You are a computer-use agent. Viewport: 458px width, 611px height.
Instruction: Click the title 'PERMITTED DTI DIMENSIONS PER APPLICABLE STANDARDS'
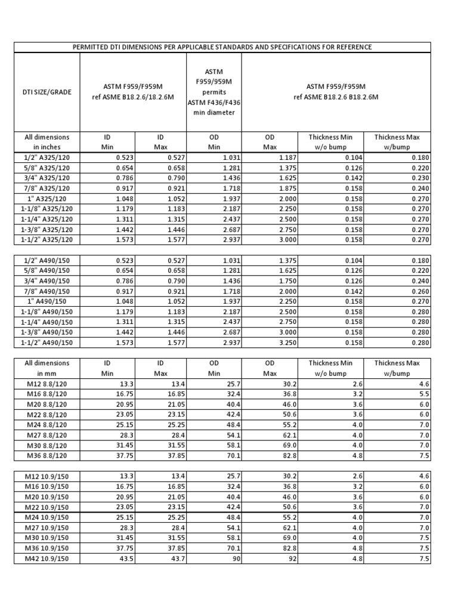[x=221, y=47]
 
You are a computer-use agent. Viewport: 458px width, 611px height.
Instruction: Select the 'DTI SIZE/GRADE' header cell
[x=47, y=92]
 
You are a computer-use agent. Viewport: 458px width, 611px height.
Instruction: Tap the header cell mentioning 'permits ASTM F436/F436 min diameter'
[x=213, y=92]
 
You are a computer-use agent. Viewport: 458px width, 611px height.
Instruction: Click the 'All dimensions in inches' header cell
[x=47, y=141]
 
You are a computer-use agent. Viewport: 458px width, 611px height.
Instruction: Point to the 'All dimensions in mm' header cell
[x=47, y=368]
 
